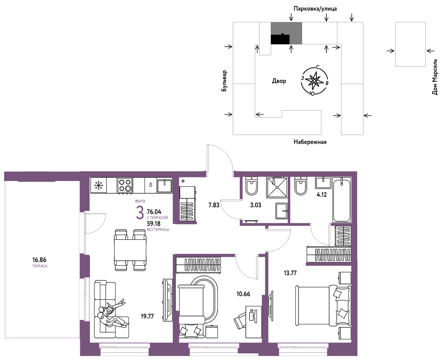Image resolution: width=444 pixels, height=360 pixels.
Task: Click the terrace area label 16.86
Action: (x=39, y=260)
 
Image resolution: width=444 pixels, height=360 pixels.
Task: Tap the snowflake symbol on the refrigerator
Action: (x=98, y=185)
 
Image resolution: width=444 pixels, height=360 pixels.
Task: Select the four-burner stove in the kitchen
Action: (x=125, y=185)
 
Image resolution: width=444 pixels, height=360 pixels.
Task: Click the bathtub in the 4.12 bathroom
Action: (x=342, y=200)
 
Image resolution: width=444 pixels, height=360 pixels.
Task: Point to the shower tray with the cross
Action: (x=277, y=187)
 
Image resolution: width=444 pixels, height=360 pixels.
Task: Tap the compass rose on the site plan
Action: (x=314, y=81)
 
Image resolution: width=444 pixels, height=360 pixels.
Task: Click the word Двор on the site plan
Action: (x=279, y=81)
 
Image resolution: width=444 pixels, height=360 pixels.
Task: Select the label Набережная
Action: (x=310, y=142)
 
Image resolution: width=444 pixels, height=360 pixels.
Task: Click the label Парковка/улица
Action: (x=315, y=9)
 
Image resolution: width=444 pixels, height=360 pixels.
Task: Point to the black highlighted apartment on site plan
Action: (x=280, y=39)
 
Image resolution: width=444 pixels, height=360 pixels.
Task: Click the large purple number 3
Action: (x=140, y=213)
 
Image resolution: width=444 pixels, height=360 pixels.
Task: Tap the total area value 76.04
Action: (x=154, y=212)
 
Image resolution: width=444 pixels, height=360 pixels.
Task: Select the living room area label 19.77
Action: (x=147, y=316)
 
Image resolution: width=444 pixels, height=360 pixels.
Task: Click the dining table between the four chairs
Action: (x=130, y=250)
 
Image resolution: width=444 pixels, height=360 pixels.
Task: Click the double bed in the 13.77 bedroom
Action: (x=323, y=305)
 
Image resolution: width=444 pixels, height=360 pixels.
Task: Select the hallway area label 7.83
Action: (x=214, y=205)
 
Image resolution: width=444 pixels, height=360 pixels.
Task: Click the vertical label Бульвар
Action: (x=224, y=81)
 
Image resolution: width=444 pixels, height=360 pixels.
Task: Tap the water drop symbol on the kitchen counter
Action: (x=151, y=185)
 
